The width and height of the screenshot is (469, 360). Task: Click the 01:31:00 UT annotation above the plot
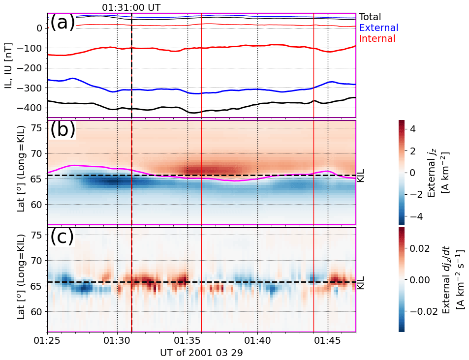point(131,7)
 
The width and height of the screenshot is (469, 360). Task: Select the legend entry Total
point(370,17)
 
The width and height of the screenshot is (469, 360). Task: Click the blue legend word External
point(378,28)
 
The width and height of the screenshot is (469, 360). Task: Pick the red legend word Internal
point(377,38)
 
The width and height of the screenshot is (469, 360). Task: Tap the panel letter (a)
point(63,23)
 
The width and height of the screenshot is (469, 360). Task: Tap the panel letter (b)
point(63,129)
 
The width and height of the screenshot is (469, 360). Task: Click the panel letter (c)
point(63,237)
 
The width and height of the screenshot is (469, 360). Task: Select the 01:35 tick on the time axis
point(188,340)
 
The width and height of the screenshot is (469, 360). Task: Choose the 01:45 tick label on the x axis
point(328,340)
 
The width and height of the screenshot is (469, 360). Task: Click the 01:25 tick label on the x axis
point(47,340)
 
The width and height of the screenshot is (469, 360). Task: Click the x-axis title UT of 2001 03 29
point(201,353)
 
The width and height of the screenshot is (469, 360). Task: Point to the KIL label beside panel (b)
point(360,175)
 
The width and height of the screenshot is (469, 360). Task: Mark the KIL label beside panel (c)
point(360,282)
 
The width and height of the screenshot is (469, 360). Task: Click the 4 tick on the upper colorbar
point(412,129)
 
